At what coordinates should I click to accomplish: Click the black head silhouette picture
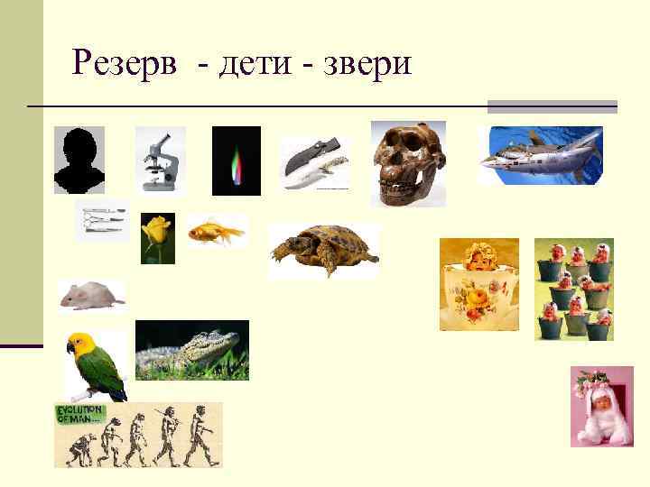[x=79, y=160]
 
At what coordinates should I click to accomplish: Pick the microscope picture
[x=160, y=160]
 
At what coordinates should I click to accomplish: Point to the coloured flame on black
[x=237, y=161]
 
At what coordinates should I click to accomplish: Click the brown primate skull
[x=407, y=163]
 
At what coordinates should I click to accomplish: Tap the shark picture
[x=540, y=155]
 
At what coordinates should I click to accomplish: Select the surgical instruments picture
[x=101, y=220]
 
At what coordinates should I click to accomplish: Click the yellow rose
[x=157, y=237]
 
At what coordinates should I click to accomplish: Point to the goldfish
[x=216, y=234]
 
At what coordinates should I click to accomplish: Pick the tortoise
[x=323, y=250]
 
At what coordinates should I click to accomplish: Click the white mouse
[x=90, y=294]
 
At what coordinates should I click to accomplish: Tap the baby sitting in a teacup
[x=478, y=284]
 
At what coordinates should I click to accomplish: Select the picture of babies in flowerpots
[x=573, y=289]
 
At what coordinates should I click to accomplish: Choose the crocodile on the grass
[x=191, y=350]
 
